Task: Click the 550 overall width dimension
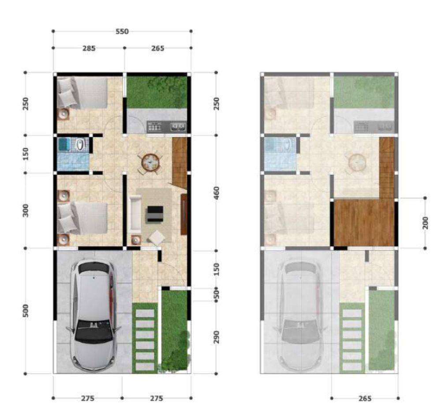tap(122, 31)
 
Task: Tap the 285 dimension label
tap(89, 49)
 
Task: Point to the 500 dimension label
tap(26, 311)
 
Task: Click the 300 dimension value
tap(26, 210)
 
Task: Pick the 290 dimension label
tap(216, 337)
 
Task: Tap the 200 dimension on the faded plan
tap(425, 223)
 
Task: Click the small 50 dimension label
tap(216, 294)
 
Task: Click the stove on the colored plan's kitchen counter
tap(154, 127)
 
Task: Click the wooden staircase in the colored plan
tap(179, 163)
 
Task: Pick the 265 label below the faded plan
tap(365, 398)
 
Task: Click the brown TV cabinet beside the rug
tap(183, 214)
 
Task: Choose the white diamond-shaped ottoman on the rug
tap(157, 238)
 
